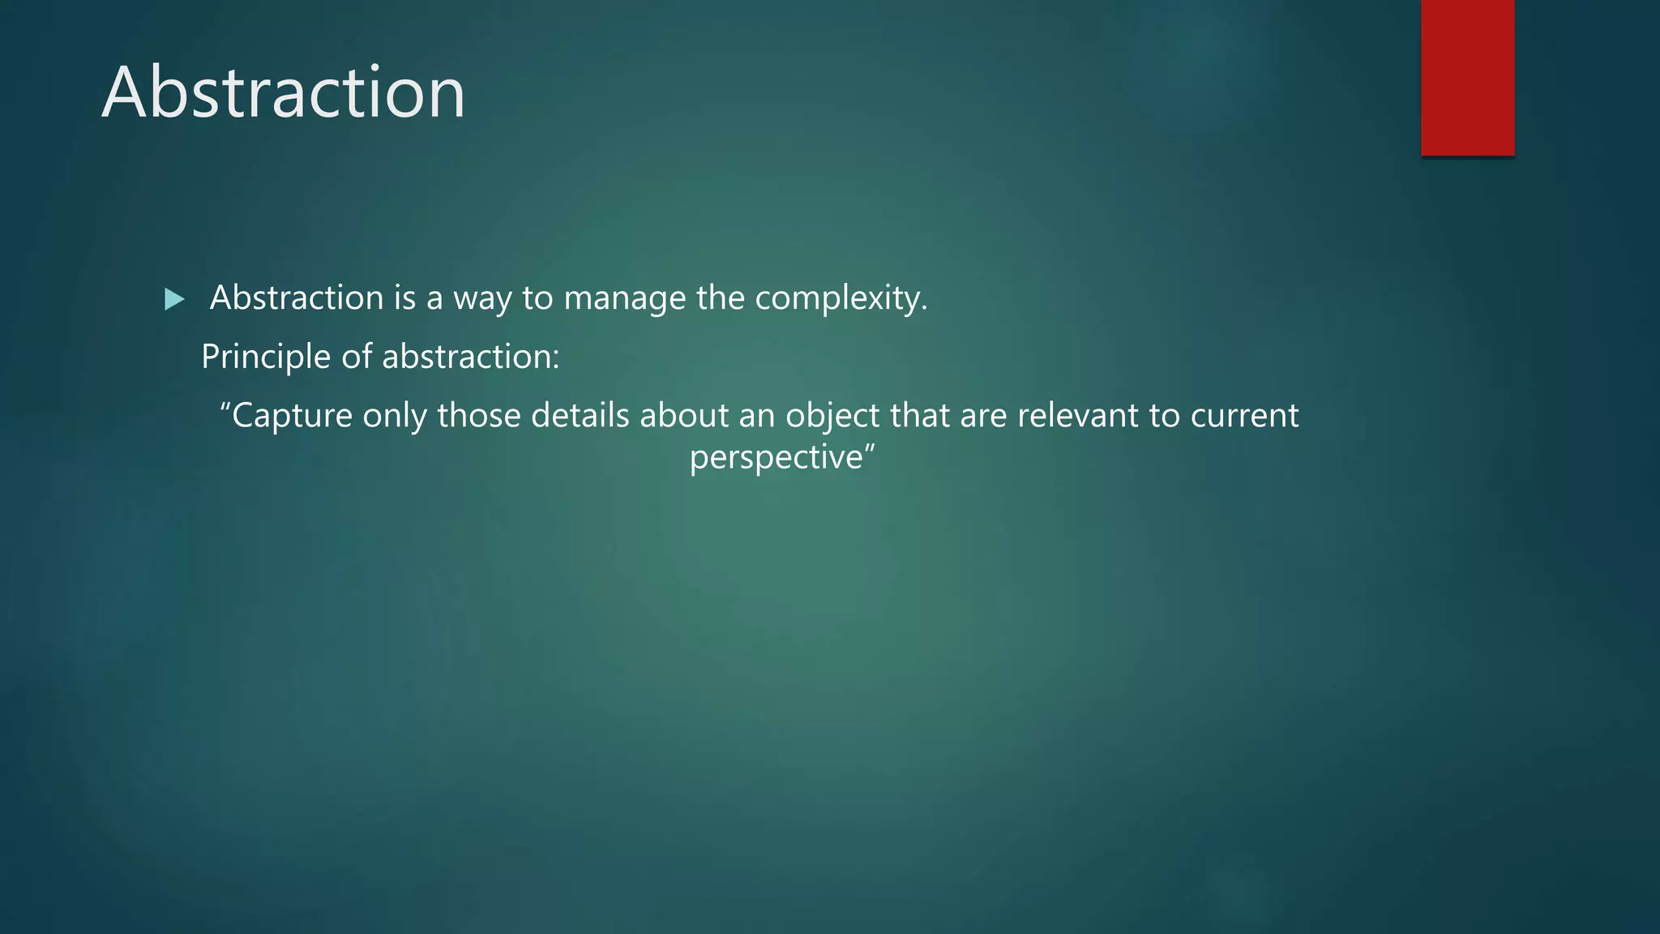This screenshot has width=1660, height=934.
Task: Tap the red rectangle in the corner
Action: (x=1467, y=78)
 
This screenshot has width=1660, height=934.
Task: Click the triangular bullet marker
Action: (x=174, y=300)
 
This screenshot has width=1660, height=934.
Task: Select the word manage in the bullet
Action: (x=624, y=298)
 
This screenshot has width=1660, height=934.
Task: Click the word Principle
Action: (x=266, y=357)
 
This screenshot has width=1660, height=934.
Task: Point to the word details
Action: (x=580, y=416)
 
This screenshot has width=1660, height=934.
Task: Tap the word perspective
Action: (x=777, y=458)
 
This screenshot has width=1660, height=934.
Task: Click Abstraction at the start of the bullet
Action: (x=297, y=298)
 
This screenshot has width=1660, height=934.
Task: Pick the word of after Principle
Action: (x=357, y=357)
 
